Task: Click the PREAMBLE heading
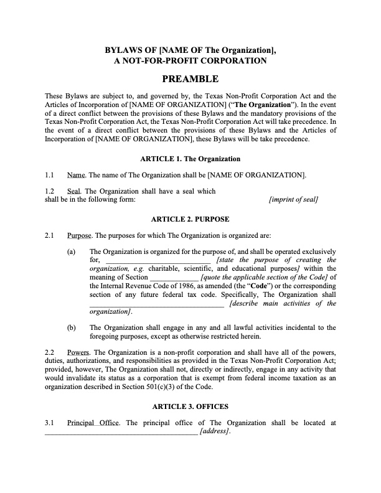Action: click(190, 79)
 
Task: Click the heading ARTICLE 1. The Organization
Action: click(190, 159)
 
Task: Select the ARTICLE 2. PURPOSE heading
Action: click(190, 219)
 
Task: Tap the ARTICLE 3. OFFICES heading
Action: click(190, 406)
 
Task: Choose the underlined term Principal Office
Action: click(93, 423)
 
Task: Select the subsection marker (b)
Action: click(71, 327)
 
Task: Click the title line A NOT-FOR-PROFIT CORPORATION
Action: click(190, 60)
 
